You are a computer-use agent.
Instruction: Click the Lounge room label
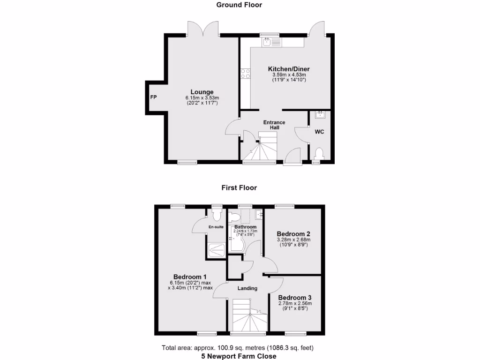(x=202, y=92)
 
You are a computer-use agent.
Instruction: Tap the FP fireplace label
(x=153, y=97)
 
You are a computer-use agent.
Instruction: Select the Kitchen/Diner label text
(x=289, y=69)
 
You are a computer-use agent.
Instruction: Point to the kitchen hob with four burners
(x=245, y=73)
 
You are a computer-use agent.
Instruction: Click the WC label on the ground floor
(x=319, y=132)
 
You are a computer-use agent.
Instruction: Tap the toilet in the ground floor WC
(x=319, y=153)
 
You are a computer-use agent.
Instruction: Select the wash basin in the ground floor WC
(x=321, y=114)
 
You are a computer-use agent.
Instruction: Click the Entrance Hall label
(x=274, y=125)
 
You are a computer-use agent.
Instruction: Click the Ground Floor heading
(x=239, y=5)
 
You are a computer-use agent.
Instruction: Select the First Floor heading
(x=239, y=187)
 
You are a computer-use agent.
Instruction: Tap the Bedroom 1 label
(x=190, y=277)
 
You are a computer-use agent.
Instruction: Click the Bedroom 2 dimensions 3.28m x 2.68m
(x=293, y=240)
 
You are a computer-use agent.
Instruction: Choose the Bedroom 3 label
(x=294, y=297)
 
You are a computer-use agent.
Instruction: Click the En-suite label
(x=216, y=228)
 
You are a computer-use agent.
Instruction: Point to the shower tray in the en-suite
(x=216, y=249)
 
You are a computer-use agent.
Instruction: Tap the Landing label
(x=247, y=288)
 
